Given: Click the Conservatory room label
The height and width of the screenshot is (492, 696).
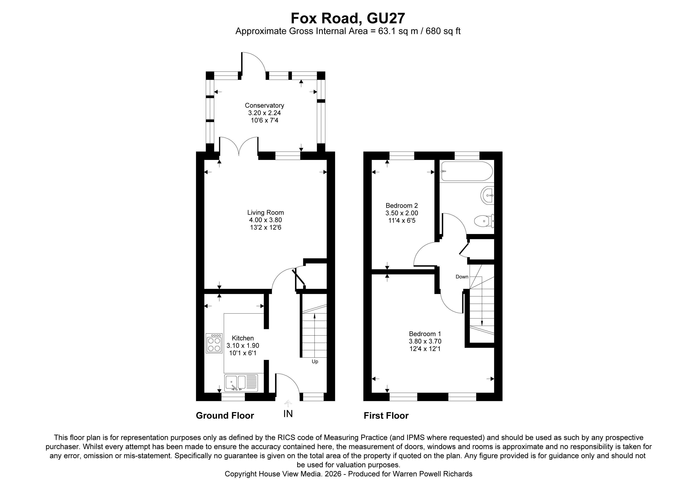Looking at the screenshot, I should (264, 105).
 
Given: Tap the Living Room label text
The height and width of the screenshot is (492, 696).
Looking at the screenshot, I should (265, 212).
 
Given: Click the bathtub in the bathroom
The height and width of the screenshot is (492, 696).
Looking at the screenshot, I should (467, 171).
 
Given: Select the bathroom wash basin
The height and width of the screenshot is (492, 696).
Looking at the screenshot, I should (488, 195).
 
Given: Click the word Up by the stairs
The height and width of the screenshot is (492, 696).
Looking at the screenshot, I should (315, 362).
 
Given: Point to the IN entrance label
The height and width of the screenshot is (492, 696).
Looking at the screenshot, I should (288, 414).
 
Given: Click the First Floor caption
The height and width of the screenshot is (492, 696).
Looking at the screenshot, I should (386, 416).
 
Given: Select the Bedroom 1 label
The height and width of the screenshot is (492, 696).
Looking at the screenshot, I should (425, 334).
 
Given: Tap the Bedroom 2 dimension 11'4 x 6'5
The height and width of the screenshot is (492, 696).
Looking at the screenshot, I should (402, 221).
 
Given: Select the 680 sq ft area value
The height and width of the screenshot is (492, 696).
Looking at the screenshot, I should (443, 31).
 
